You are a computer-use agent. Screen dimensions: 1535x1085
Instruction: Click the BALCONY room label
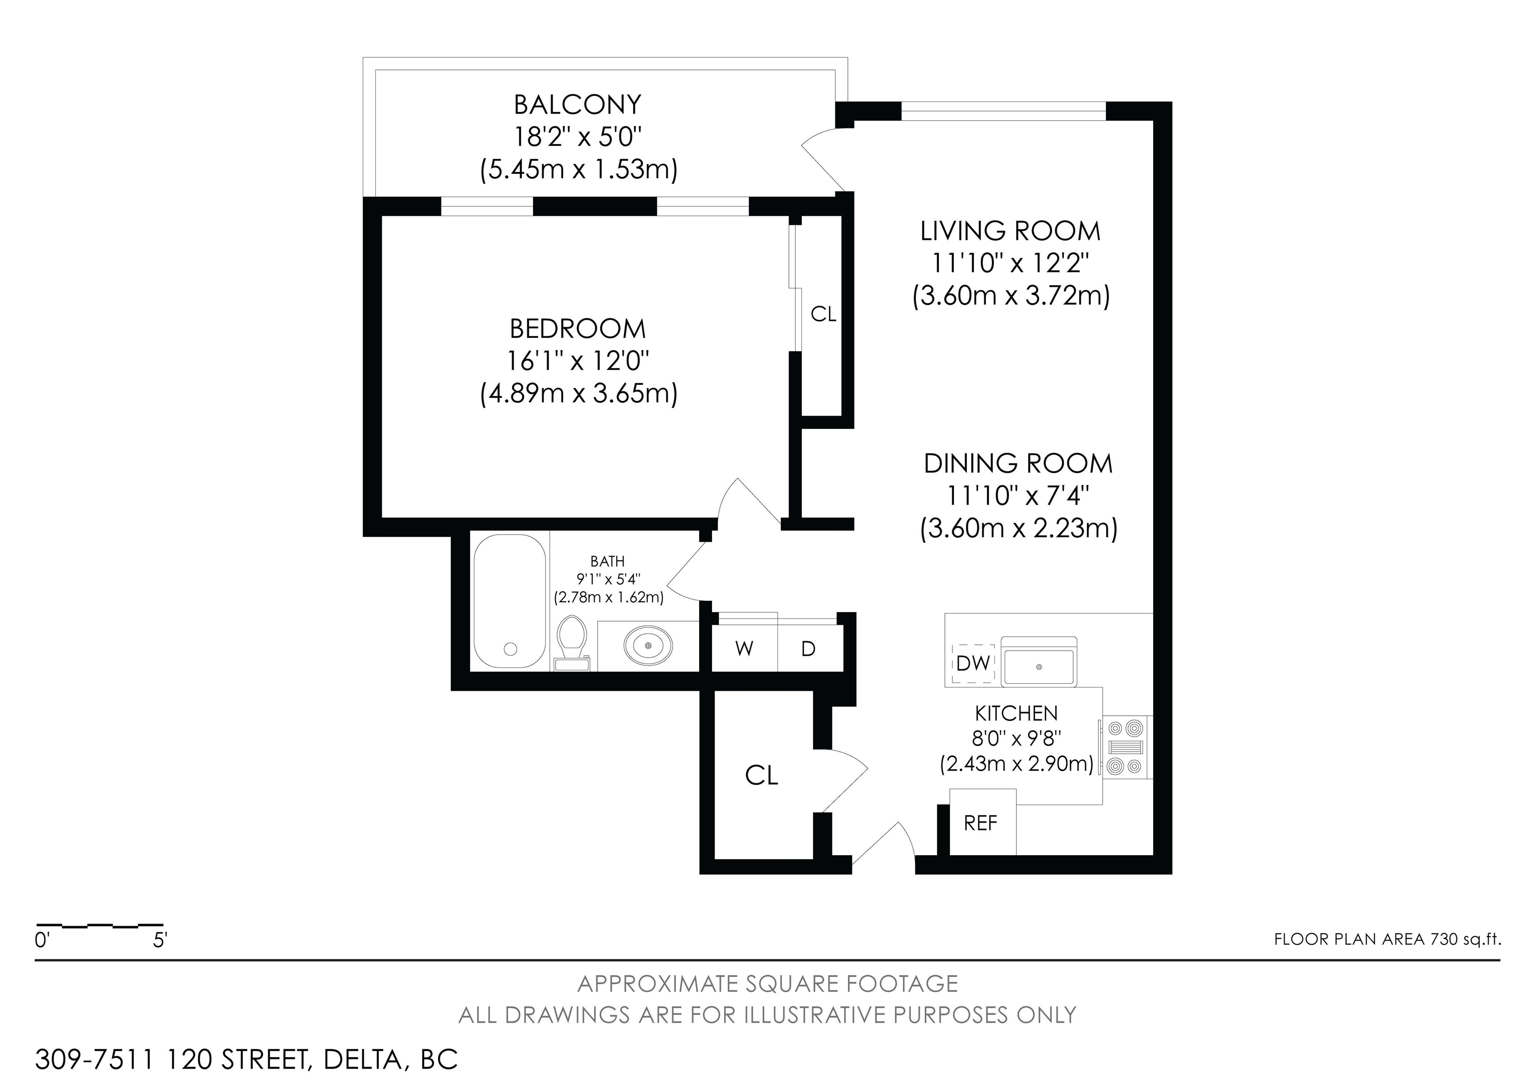coord(577,105)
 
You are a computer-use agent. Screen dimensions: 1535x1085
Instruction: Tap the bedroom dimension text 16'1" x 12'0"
coord(578,362)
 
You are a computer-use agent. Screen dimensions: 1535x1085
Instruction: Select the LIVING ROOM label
coord(1010,231)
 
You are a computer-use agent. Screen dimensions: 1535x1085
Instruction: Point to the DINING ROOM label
coord(1018,464)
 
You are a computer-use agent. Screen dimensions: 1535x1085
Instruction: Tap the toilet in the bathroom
coord(572,642)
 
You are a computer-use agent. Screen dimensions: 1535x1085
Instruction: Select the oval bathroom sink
coord(648,646)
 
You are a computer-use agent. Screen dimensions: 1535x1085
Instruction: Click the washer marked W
coord(744,648)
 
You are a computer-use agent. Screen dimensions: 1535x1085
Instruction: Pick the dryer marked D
coord(809,648)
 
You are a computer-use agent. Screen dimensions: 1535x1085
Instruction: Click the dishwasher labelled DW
coord(973,663)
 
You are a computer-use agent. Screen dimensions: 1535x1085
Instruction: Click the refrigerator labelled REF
coord(982,822)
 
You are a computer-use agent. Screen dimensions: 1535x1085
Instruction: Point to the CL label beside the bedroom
coord(823,314)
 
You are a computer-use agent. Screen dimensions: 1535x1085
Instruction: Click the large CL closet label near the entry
coord(762,776)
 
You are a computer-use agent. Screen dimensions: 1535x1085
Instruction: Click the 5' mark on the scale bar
coord(160,941)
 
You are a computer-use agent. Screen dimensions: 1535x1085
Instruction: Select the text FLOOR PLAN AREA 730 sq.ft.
coord(1387,939)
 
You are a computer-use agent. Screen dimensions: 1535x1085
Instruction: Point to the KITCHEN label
coord(1016,713)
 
